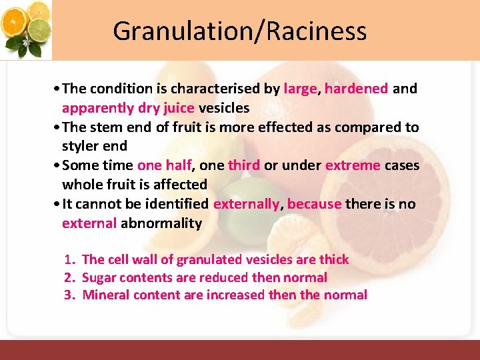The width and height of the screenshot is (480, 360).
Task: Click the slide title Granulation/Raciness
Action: (x=239, y=31)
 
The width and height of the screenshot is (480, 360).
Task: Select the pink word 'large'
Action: (x=300, y=89)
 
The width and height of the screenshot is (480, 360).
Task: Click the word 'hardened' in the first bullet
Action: (x=356, y=89)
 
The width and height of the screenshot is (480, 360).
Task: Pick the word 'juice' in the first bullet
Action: (x=176, y=107)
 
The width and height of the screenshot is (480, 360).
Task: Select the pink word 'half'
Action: (x=177, y=165)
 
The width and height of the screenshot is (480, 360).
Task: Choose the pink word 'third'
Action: (x=243, y=165)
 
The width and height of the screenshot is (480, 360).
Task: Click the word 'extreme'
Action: (x=353, y=165)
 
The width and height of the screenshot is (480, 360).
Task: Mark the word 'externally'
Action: (x=246, y=204)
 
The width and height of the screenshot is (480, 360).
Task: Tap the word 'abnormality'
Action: (x=161, y=223)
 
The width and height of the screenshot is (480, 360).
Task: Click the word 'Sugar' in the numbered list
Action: (x=99, y=277)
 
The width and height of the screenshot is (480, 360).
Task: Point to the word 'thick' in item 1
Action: (x=333, y=259)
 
